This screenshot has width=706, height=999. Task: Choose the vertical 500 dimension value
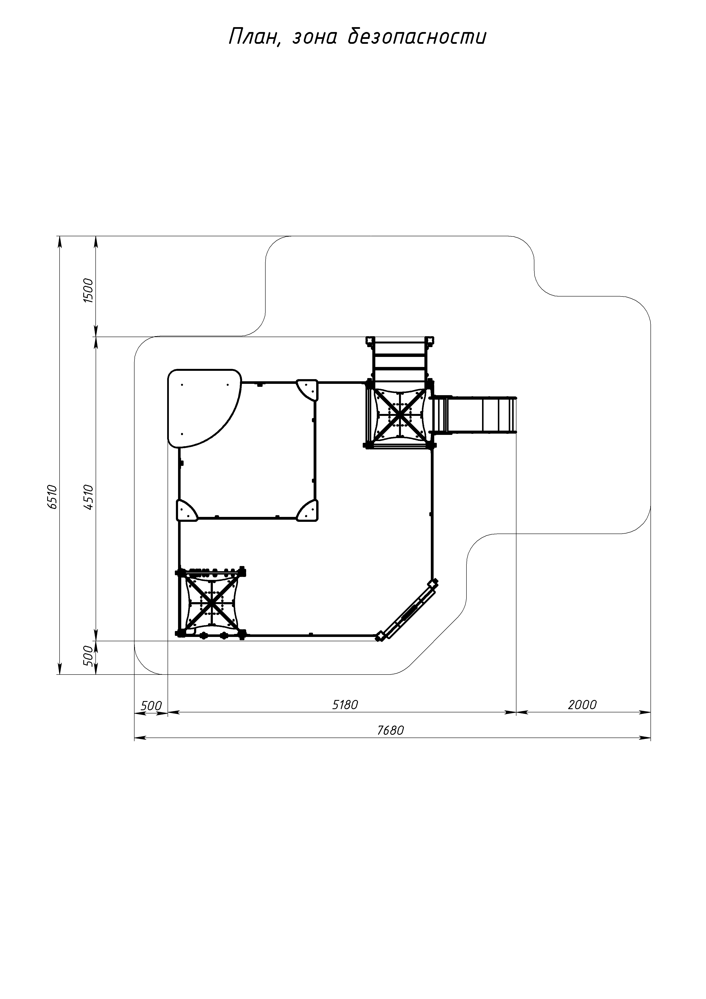point(89,656)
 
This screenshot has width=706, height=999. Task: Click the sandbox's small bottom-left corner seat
point(186,510)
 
